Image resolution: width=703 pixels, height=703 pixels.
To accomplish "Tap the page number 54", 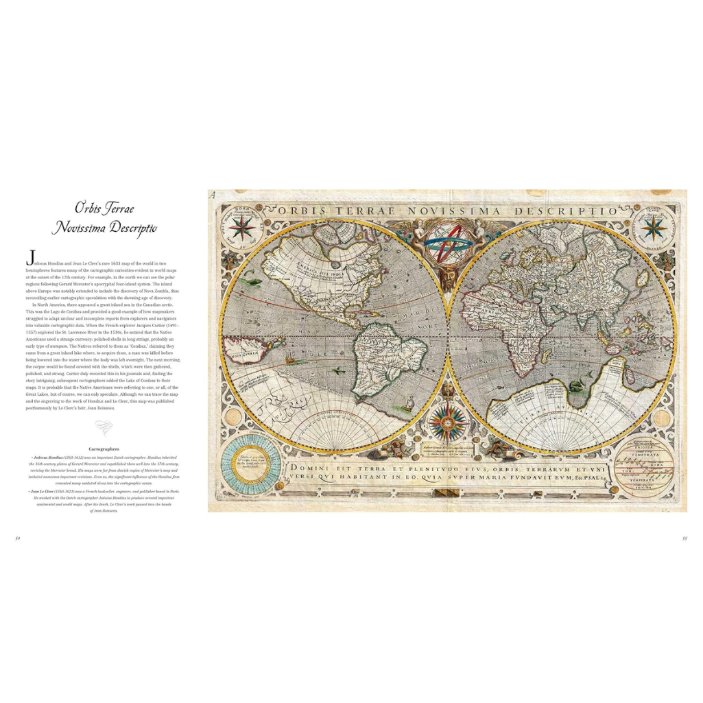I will pyautogui.click(x=18, y=538).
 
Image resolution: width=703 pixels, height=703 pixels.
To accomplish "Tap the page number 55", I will pyautogui.click(x=684, y=538).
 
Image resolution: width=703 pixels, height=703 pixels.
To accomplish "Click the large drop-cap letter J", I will pyautogui.click(x=29, y=258).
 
